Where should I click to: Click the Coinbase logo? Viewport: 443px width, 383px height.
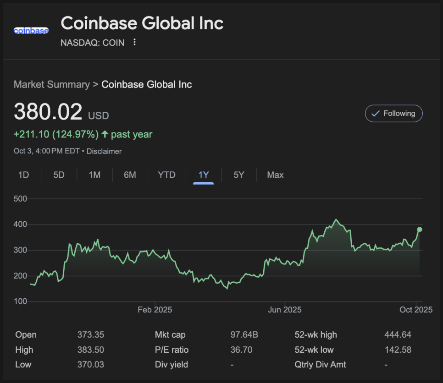point(31,31)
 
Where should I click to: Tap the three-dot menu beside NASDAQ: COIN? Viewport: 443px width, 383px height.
point(134,42)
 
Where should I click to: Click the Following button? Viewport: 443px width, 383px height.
point(393,114)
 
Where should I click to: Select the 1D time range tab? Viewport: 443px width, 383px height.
point(23,175)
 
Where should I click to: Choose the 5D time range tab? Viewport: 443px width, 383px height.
point(59,175)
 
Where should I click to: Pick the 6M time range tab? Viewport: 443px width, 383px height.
point(130,175)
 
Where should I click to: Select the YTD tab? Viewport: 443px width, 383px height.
point(166,175)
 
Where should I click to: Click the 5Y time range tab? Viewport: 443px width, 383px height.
point(239,175)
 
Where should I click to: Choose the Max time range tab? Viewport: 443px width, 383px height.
point(275,175)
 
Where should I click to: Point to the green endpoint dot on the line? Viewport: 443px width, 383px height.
point(419,230)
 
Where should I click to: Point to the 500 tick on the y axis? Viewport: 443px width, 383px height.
point(21,199)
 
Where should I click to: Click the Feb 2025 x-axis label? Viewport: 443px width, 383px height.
point(155,310)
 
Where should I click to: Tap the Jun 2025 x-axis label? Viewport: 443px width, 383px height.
point(285,310)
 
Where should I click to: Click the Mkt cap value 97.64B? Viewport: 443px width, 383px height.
point(244,335)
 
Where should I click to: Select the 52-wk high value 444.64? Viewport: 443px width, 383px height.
point(398,335)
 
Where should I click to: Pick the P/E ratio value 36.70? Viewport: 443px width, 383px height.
point(241,350)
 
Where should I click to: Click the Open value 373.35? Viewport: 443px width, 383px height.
point(91,335)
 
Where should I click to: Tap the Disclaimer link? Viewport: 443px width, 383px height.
point(104,151)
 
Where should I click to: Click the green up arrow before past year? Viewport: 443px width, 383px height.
point(105,134)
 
